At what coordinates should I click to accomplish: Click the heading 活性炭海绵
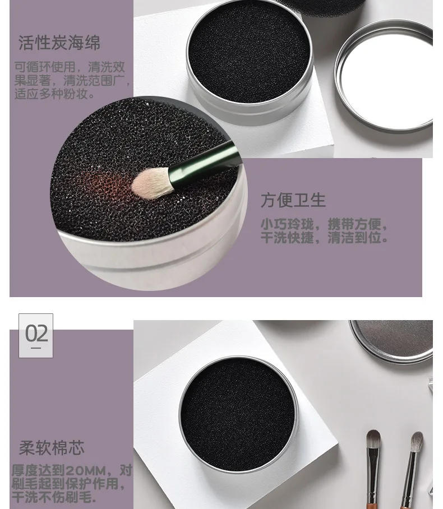click(59, 43)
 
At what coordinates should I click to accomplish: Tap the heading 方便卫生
click(293, 200)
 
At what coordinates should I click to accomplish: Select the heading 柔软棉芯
click(52, 448)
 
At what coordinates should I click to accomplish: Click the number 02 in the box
click(36, 334)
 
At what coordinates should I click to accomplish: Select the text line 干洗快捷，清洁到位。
click(324, 238)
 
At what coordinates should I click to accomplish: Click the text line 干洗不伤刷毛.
click(54, 497)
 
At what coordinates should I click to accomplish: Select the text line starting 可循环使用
click(69, 67)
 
